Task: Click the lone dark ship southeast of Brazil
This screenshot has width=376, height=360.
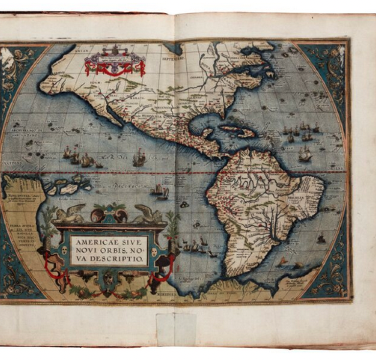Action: click(321, 239)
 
